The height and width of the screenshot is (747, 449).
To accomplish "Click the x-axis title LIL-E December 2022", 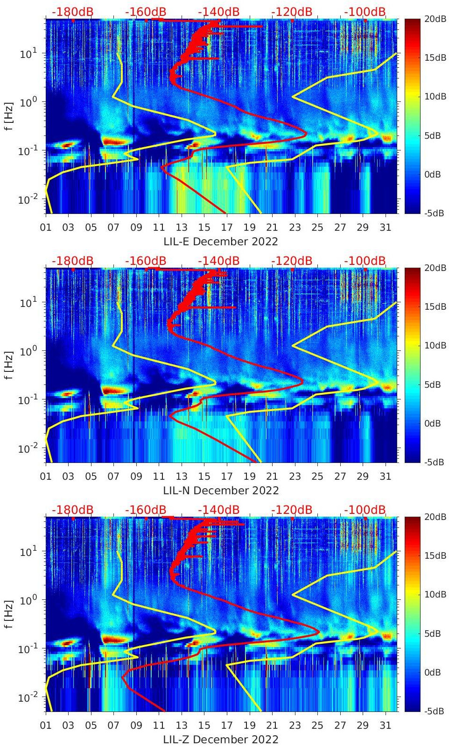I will (x=221, y=242).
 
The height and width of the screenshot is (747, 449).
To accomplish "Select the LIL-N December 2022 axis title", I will (x=221, y=491).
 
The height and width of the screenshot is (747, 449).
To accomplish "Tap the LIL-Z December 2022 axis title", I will (x=221, y=740).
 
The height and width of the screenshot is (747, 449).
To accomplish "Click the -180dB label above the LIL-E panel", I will (x=72, y=12).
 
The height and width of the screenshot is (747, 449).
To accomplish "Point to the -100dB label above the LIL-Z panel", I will (x=365, y=510).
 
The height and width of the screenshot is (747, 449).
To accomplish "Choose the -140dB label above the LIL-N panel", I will (x=218, y=261).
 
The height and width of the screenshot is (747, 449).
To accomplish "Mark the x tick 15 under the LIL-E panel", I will (x=204, y=228).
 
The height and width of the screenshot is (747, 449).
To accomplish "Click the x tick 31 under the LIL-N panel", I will (x=385, y=477).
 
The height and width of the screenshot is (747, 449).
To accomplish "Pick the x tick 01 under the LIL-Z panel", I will (x=46, y=726).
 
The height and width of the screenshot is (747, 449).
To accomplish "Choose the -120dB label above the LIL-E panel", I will (x=292, y=12).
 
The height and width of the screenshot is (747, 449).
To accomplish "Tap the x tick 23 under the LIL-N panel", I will (x=295, y=477).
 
